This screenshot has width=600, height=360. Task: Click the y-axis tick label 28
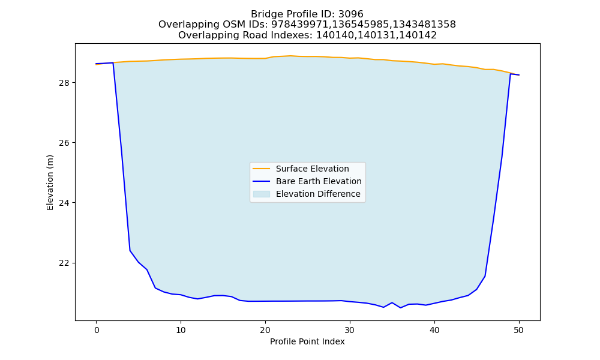pos(65,83)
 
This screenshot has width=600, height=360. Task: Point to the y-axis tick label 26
pos(65,143)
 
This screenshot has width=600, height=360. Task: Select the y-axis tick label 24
pos(65,203)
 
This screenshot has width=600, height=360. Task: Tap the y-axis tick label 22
pos(65,263)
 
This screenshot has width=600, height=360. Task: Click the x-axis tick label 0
pos(97,330)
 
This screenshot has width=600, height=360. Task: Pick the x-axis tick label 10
pos(181,330)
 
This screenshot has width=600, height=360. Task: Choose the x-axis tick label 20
pos(265,330)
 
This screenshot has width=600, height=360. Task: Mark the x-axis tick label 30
pos(350,330)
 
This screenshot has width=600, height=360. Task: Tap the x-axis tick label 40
pos(434,330)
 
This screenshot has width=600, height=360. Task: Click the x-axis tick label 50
pos(519,330)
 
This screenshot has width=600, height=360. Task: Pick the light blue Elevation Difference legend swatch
pos(262,194)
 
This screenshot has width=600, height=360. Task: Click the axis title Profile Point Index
pos(307,341)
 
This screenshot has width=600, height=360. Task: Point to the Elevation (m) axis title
pos(50,182)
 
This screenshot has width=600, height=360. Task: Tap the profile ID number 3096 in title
pos(351,14)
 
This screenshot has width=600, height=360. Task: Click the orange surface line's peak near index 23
pos(290,56)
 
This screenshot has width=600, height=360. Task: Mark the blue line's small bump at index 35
pos(392,302)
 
